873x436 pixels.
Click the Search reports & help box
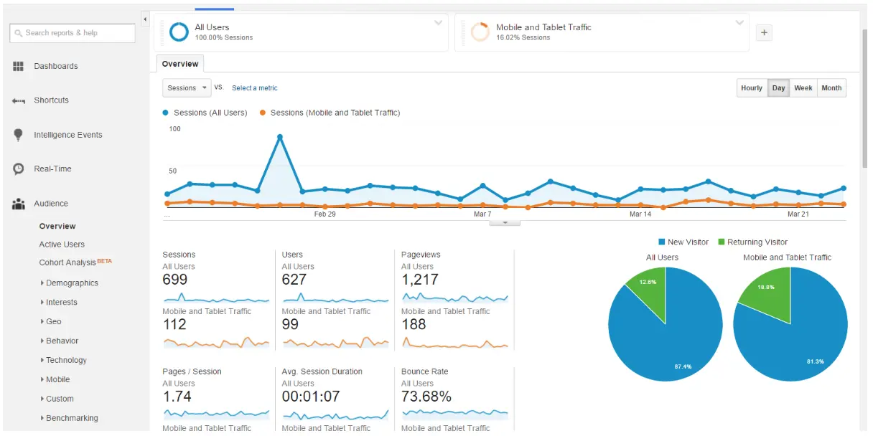[x=73, y=33]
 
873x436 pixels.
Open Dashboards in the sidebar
[x=55, y=66]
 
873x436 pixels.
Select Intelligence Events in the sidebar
[x=67, y=135]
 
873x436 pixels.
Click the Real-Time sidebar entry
[x=52, y=169]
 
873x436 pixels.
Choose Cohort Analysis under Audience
[x=68, y=262]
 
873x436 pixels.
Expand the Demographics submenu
[x=72, y=283]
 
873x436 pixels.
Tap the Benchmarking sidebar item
[x=72, y=418]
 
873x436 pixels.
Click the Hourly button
[x=752, y=88]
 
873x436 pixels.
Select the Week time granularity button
[x=803, y=88]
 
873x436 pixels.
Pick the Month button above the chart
[x=831, y=88]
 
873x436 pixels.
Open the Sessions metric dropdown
[x=187, y=88]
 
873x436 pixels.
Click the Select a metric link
[x=254, y=88]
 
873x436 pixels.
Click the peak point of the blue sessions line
[x=280, y=137]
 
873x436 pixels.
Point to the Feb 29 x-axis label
[x=325, y=214]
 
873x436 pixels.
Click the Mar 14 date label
[x=640, y=214]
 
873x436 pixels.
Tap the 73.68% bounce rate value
[x=426, y=397]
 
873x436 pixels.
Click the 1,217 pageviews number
[x=420, y=280]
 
